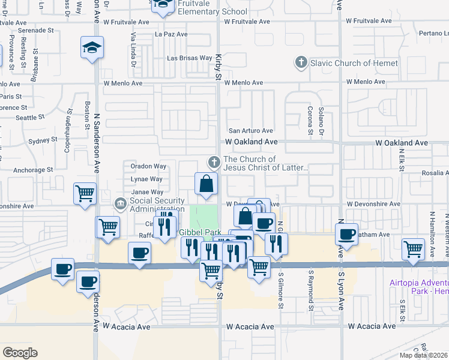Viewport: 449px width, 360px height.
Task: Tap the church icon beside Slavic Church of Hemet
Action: click(301, 62)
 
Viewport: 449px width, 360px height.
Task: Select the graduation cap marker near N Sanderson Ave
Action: click(92, 48)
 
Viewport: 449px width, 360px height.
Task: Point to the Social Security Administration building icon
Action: click(121, 204)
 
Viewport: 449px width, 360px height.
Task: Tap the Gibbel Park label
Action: click(199, 232)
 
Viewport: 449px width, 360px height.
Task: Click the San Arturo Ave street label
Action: click(251, 131)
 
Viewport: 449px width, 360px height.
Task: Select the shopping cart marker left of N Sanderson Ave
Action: click(85, 193)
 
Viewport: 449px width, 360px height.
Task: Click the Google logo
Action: click(20, 353)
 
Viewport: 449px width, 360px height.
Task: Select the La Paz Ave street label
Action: click(171, 34)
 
